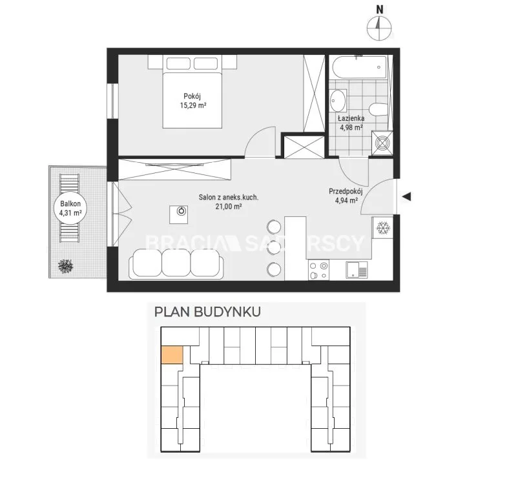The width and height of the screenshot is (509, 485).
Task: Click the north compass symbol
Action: pyautogui.click(x=379, y=24)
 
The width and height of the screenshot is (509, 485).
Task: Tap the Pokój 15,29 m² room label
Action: pyautogui.click(x=193, y=101)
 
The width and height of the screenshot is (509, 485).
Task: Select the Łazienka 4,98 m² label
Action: pyautogui.click(x=351, y=123)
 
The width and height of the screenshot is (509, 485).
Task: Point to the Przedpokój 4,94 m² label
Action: pyautogui.click(x=346, y=196)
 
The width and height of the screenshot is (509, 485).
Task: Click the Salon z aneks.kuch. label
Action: pyautogui.click(x=229, y=197)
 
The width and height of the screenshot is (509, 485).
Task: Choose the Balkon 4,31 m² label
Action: pyautogui.click(x=70, y=208)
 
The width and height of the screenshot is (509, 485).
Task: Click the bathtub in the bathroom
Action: pyautogui.click(x=359, y=68)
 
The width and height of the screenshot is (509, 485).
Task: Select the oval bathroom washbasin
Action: pyautogui.click(x=338, y=100)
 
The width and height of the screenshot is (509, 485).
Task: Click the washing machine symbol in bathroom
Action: pyautogui.click(x=382, y=143)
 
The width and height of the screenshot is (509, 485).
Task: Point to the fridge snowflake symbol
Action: pyautogui.click(x=383, y=228)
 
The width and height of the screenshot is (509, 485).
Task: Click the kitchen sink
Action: pyautogui.click(x=357, y=270)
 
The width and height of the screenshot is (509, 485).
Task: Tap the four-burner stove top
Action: pyautogui.click(x=318, y=270)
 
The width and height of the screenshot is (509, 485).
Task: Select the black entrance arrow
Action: pyautogui.click(x=406, y=196)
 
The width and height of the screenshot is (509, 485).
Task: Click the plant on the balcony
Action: pyautogui.click(x=65, y=266)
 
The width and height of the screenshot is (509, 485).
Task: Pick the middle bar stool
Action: pyautogui.click(x=274, y=249)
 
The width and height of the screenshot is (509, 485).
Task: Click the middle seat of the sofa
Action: pyautogui.click(x=176, y=262)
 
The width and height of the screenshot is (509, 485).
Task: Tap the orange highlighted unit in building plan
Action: pyautogui.click(x=172, y=355)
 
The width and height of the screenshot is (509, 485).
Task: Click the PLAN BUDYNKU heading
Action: pyautogui.click(x=207, y=312)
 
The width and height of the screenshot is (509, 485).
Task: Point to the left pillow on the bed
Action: pyautogui.click(x=178, y=63)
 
